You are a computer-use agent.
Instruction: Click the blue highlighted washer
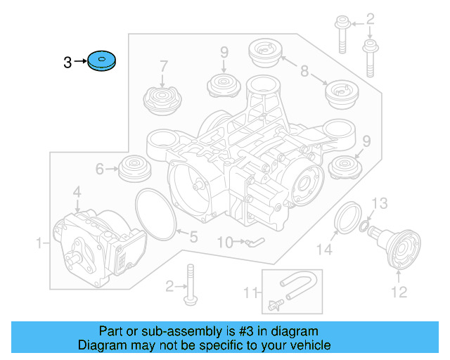tap(102, 62)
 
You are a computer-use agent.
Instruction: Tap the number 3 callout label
tap(67, 63)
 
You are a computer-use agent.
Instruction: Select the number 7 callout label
tap(163, 67)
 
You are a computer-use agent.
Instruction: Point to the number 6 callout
tap(99, 169)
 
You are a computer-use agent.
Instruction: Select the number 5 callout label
tap(193, 237)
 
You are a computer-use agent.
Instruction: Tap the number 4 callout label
tap(77, 191)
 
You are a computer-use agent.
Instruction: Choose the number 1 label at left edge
tap(39, 243)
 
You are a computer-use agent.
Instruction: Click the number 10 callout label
tap(224, 243)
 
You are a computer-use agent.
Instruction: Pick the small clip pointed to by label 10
tap(254, 242)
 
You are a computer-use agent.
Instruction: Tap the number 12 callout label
tap(399, 292)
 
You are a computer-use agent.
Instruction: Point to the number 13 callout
tap(379, 203)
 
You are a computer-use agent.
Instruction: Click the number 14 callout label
tap(323, 248)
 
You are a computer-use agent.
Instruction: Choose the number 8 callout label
tap(304, 70)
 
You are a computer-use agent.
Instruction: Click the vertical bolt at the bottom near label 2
tap(190, 284)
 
